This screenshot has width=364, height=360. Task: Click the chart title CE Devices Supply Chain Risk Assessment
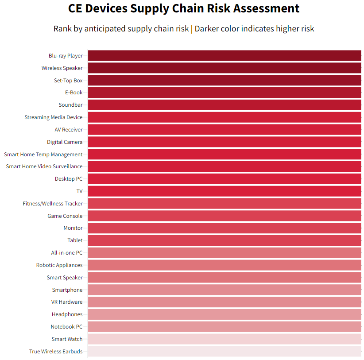(x=184, y=8)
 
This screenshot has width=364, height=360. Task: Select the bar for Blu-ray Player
(x=225, y=56)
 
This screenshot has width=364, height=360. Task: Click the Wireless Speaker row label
(x=62, y=68)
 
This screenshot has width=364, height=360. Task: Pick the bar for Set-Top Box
(x=225, y=80)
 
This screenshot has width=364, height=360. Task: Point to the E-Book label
(x=74, y=93)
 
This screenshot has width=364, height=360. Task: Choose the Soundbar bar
(x=225, y=105)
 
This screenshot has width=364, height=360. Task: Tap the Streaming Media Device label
(x=54, y=117)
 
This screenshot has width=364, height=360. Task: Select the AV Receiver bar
(x=225, y=130)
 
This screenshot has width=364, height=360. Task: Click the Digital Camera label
(x=65, y=142)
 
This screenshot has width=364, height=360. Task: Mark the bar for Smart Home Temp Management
(x=225, y=154)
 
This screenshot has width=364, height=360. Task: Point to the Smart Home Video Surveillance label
(x=44, y=166)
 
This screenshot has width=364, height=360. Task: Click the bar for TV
(x=225, y=191)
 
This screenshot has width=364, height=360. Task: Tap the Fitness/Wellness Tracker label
(x=53, y=204)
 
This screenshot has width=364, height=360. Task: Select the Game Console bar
(x=225, y=216)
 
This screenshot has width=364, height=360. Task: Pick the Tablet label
(x=75, y=240)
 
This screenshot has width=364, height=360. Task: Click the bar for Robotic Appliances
(x=225, y=265)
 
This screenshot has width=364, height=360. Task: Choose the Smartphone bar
(x=225, y=290)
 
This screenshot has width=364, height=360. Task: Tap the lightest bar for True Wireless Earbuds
(x=225, y=352)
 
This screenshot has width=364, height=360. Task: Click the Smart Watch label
(x=67, y=339)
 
